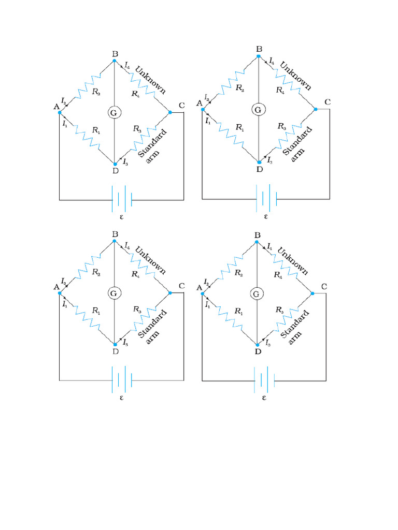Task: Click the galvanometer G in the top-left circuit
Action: (x=114, y=112)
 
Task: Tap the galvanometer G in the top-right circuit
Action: (x=258, y=110)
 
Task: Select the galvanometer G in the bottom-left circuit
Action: (x=114, y=293)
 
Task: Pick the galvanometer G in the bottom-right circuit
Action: (x=256, y=293)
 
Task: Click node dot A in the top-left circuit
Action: (x=60, y=112)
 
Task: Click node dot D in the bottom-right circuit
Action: (x=257, y=344)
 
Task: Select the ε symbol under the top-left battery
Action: (x=122, y=217)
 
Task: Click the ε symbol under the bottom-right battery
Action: (x=264, y=398)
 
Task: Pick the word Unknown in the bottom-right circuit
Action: (x=293, y=261)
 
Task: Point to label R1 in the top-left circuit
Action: (x=96, y=130)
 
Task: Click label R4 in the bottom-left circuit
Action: (x=135, y=274)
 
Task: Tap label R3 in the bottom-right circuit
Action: (x=280, y=310)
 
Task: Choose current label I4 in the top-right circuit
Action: (x=272, y=62)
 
